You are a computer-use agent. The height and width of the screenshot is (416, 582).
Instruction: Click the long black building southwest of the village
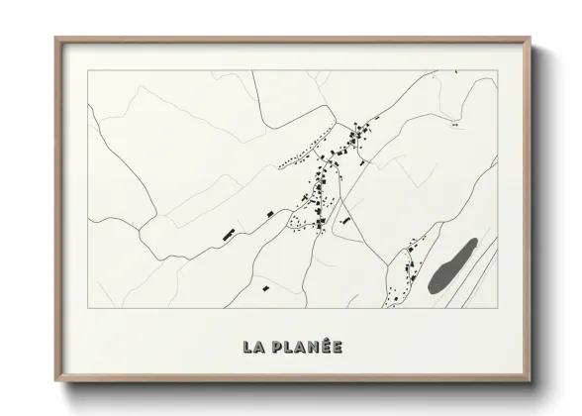point(229,236)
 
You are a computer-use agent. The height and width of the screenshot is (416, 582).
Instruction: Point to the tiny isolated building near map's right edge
point(454,126)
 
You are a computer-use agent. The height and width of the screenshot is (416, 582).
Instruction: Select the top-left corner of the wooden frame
point(56,40)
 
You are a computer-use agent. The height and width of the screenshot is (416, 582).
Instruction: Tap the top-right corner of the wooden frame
point(532,40)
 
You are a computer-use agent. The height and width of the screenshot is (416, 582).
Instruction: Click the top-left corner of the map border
point(87,70)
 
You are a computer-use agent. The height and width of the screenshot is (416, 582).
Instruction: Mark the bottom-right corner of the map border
point(497,308)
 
